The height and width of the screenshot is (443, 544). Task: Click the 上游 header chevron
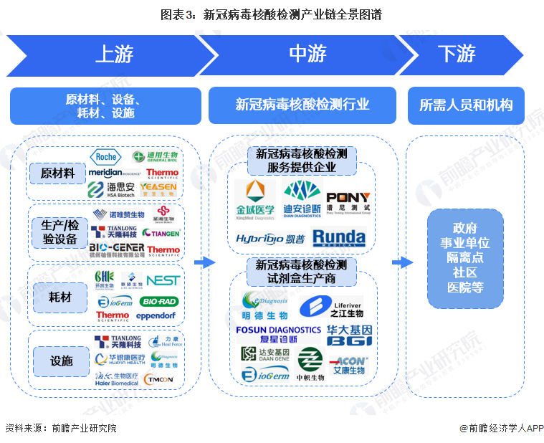(x=108, y=54)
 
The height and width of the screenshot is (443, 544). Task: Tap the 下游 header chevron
(x=459, y=54)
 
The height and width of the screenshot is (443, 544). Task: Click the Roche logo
(x=106, y=157)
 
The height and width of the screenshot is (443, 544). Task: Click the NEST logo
(x=163, y=280)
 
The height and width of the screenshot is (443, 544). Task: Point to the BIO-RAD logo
(x=160, y=300)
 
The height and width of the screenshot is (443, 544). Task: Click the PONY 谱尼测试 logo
(x=348, y=201)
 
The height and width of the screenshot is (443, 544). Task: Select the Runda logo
(x=339, y=237)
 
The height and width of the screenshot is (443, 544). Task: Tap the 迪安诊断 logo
(x=302, y=199)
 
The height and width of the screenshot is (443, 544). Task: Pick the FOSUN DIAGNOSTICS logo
(x=279, y=334)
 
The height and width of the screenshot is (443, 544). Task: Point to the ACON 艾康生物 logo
(x=349, y=365)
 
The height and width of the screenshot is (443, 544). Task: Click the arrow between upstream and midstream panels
(x=204, y=262)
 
